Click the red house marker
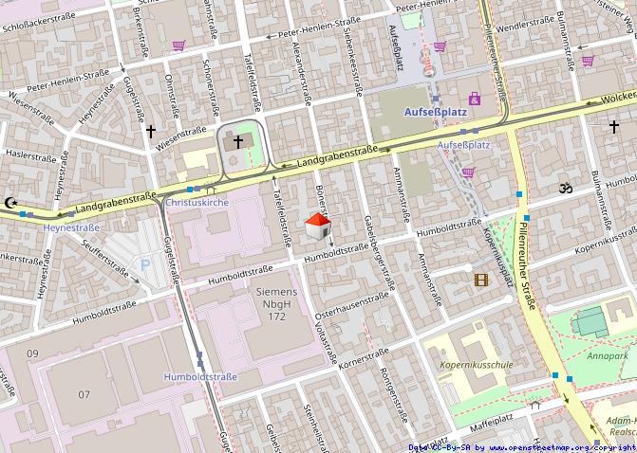[318, 226]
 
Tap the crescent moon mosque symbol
[11, 202]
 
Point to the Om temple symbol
[567, 189]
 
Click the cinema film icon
[482, 280]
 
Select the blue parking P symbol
[145, 267]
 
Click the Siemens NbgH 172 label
[276, 303]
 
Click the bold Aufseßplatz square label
[430, 113]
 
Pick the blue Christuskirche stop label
[197, 203]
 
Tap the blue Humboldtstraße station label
[200, 376]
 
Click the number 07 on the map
[84, 393]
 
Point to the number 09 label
[33, 353]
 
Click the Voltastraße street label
[326, 342]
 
